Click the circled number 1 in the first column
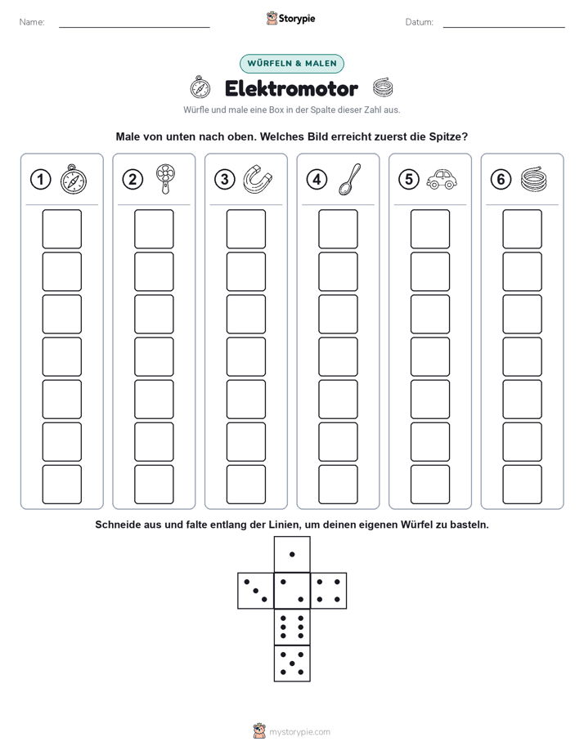pos(40,180)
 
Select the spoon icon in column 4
pos(349,179)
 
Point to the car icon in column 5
pos(442,179)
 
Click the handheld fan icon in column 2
pos(165,179)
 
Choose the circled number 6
pos(501,180)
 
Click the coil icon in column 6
pos(534,179)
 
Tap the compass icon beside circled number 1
pos(74,179)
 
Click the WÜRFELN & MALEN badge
pos(292,64)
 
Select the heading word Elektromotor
pos(291,88)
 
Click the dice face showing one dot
pos(292,555)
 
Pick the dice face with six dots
pos(292,628)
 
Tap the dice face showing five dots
pos(292,663)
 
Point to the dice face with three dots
pos(256,591)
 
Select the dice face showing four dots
pos(329,591)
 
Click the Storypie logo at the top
pos(290,19)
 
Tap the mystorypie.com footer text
pos(299,732)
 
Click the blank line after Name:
pos(134,27)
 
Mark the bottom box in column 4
pos(339,485)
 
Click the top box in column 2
pos(154,229)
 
